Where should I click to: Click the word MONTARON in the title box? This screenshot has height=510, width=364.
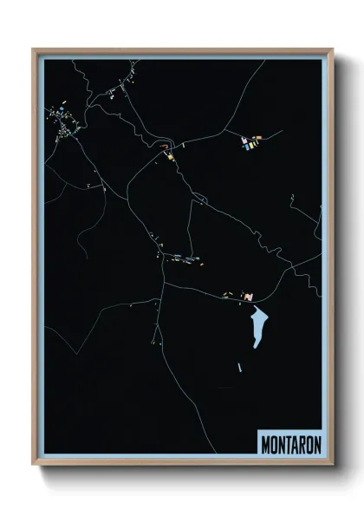pos(289,442)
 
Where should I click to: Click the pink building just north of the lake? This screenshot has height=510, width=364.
pos(249,297)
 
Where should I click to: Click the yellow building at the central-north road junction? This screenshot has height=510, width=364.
pos(171,156)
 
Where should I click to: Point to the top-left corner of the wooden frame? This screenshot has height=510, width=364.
pos(34,49)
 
